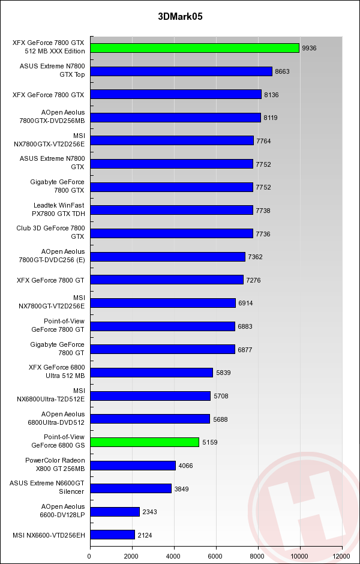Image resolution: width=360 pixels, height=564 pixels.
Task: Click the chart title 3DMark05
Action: pos(180,17)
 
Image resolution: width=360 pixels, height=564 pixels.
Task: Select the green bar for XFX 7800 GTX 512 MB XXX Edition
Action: pos(194,48)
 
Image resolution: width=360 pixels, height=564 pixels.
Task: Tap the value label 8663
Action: pos(282,71)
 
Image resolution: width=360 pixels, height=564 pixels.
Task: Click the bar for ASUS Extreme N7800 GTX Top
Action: pos(181,71)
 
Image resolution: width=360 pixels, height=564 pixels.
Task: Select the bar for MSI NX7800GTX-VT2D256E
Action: pos(172,141)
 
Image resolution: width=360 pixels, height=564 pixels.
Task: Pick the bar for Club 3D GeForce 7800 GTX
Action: pos(172,233)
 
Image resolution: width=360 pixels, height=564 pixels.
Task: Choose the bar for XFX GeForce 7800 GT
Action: pos(167,280)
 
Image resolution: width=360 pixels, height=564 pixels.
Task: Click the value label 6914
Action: pos(245,304)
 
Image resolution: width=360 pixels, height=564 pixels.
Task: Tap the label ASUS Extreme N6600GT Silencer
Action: pos(47,488)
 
